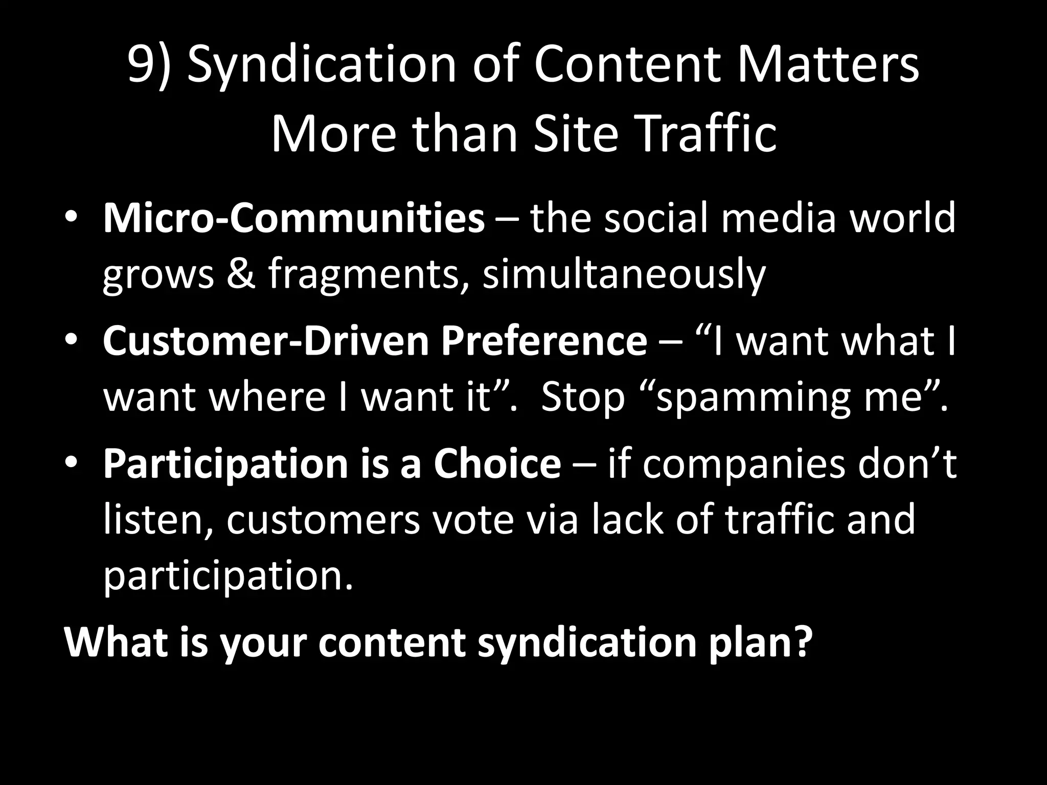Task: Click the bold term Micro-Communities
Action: [293, 219]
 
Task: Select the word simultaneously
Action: [624, 276]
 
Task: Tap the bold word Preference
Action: [544, 341]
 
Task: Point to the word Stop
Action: [583, 398]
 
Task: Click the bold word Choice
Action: [497, 464]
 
